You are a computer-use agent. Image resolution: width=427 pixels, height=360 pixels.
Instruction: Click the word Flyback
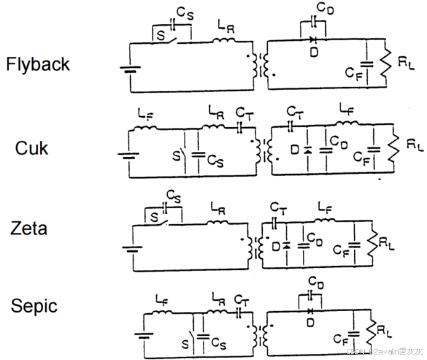click(x=38, y=64)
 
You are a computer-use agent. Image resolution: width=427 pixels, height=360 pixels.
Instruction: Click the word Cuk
click(x=32, y=148)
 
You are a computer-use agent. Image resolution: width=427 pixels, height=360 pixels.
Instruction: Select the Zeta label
click(x=30, y=229)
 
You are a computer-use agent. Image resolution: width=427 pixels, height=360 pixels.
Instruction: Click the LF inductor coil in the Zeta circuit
click(x=325, y=219)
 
